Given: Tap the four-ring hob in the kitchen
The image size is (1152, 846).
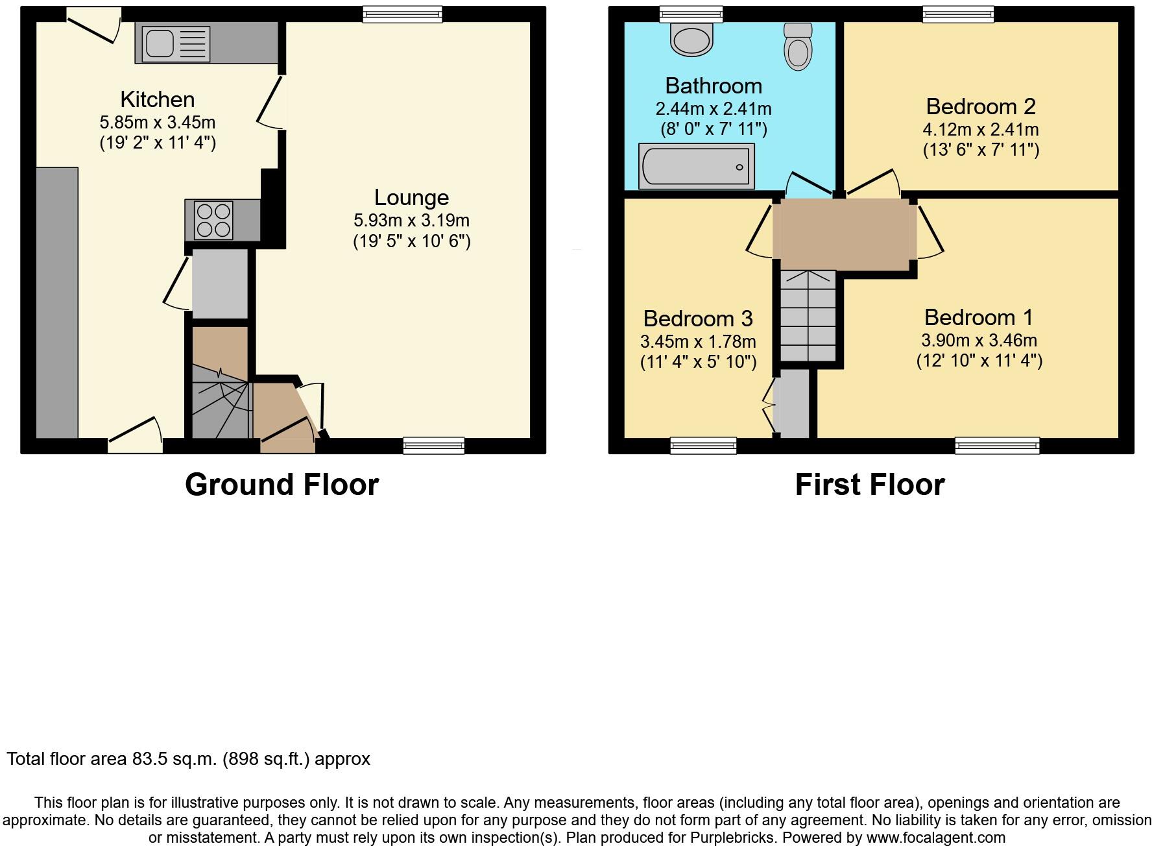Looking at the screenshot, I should (x=214, y=221).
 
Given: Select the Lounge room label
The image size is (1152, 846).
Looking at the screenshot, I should (x=411, y=197).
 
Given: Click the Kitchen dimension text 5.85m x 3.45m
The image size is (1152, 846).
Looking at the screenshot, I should (x=158, y=122).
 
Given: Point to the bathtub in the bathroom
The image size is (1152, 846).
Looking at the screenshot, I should (x=696, y=167).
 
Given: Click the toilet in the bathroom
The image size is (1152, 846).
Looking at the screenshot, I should (x=798, y=47).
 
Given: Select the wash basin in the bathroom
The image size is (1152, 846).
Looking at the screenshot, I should (x=691, y=39).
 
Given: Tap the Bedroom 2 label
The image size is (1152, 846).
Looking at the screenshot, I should (x=981, y=106).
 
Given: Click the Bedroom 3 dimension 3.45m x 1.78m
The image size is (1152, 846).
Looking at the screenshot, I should (x=698, y=341).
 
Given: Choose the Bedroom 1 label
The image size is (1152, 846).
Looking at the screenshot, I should (x=978, y=317).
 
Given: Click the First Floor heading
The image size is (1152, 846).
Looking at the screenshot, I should (x=870, y=485).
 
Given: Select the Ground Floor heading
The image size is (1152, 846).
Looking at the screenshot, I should (x=282, y=485).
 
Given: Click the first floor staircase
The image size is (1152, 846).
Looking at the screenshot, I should (x=808, y=316).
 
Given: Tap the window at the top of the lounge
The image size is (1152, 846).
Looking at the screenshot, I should (x=402, y=14).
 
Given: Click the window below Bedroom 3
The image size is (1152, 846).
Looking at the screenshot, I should (x=703, y=445).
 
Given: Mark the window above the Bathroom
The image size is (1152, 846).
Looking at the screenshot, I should (x=691, y=14).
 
